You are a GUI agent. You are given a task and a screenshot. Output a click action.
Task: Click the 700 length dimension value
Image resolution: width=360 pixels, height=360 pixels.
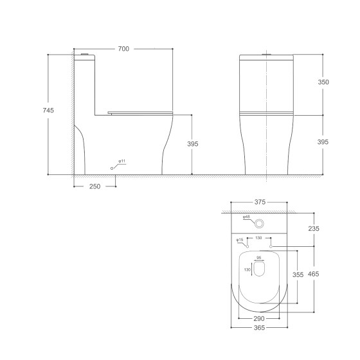click(123, 50)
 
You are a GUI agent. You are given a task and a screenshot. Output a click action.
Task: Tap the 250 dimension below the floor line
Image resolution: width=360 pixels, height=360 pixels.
click(94, 186)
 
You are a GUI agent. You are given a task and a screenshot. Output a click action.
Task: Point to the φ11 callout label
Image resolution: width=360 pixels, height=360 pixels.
click(122, 160)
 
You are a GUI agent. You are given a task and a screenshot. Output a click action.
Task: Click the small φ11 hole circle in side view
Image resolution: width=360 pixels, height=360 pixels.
click(113, 167)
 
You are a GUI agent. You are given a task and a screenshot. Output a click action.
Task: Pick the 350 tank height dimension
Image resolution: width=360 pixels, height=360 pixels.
click(323, 82)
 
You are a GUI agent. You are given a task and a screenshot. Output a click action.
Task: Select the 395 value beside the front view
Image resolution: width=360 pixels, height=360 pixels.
click(323, 141)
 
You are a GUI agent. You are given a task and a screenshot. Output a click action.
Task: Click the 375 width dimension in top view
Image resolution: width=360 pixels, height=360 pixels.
click(259, 202)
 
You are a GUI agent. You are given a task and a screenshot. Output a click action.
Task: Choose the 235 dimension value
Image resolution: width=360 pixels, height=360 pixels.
click(313, 228)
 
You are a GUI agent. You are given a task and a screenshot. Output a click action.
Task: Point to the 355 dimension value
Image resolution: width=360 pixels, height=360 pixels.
click(298, 274)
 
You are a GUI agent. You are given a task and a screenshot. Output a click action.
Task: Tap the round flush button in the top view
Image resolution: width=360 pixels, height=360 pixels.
click(259, 223)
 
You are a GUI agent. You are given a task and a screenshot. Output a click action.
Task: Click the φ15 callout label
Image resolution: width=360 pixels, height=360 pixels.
click(240, 240)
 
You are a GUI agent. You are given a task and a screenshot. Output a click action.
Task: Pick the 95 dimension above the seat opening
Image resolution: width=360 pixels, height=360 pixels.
click(259, 258)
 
